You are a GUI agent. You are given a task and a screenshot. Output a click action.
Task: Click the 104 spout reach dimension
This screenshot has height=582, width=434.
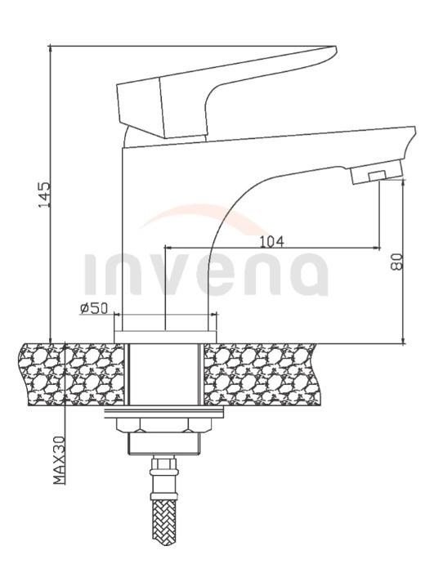pyautogui.click(x=271, y=240)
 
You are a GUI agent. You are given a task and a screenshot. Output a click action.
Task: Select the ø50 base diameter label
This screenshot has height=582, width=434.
pyautogui.click(x=94, y=308)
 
